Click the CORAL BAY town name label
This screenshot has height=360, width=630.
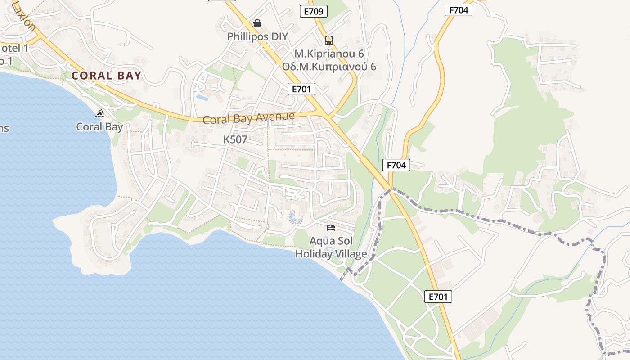[107, 76]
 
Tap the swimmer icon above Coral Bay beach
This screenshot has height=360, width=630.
[100, 113]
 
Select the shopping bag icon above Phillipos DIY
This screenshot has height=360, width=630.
[257, 23]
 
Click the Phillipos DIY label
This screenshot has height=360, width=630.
[257, 36]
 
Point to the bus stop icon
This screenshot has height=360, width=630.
[329, 40]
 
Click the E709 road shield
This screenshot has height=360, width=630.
[314, 11]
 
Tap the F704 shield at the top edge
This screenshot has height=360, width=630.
[459, 10]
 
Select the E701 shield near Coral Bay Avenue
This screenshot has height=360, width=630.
[301, 89]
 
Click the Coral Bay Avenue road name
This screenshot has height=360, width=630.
[248, 118]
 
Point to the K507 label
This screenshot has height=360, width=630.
[235, 139]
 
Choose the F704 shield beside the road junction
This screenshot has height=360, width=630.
[396, 165]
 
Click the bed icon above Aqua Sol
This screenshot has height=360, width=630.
[331, 227]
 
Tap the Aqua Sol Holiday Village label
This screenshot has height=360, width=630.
[331, 247]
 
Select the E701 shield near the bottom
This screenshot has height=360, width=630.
[438, 297]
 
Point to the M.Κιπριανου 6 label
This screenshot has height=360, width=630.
[329, 54]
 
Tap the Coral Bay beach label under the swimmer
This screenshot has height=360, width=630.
[99, 126]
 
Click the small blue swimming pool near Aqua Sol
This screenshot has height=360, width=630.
[295, 219]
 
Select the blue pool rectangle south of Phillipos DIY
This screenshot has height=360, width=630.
[202, 97]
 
